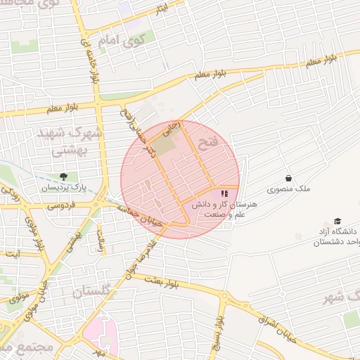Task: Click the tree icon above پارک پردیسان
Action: tap(63, 176)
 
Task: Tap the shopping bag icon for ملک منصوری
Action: tap(288, 178)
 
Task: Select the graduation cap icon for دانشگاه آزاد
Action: tap(337, 221)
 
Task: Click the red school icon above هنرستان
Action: tap(224, 193)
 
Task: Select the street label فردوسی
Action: tap(62, 207)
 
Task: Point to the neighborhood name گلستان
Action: tap(92, 290)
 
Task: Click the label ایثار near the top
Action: tap(162, 10)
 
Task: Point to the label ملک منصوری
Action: tap(288, 189)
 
